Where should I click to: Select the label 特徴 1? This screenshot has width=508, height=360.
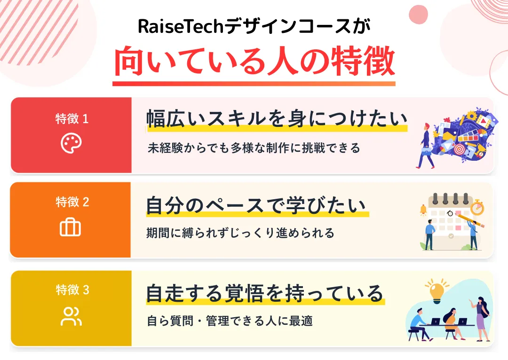tap(72, 119)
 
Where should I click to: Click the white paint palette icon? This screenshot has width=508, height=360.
tap(71, 143)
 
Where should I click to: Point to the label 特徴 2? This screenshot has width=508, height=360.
tap(72, 202)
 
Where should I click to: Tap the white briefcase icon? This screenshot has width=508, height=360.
tap(71, 227)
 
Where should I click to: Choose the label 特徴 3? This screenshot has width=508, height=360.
tap(72, 290)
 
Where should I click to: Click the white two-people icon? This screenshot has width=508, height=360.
tap(71, 316)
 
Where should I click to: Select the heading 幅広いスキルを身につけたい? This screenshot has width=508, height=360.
tap(277, 119)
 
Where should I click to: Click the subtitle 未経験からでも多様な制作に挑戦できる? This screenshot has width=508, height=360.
tap(254, 148)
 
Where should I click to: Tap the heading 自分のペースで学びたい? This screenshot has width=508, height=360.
tap(256, 206)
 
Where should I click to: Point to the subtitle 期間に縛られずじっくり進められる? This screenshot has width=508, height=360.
tap(240, 233)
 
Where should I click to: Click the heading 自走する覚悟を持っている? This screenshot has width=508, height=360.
tap(265, 293)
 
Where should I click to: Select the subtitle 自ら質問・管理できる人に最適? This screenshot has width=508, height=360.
tap(230, 321)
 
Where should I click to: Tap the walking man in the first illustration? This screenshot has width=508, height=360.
tap(426, 146)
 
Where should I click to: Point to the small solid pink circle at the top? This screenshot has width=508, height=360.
tap(418, 14)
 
